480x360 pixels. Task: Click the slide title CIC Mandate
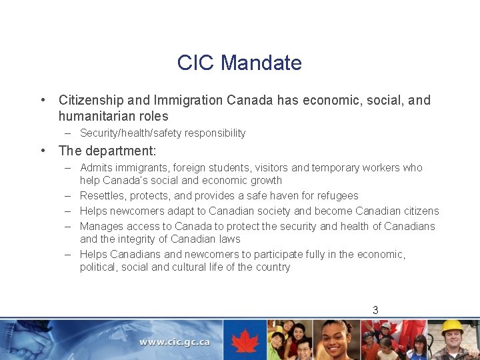[239, 63]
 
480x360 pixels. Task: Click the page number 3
[375, 310]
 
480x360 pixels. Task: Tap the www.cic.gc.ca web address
[175, 342]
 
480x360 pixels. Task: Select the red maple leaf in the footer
[245, 341]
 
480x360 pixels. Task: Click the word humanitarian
[93, 116]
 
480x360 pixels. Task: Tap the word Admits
[96, 168]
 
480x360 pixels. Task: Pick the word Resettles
[102, 196]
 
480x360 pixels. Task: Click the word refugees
[338, 196]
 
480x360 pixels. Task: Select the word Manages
[100, 226]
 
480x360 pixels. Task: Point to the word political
[98, 267]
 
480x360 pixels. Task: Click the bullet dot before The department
[43, 151]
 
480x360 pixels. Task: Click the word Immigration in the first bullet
[189, 100]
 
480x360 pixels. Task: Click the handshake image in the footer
[30, 341]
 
